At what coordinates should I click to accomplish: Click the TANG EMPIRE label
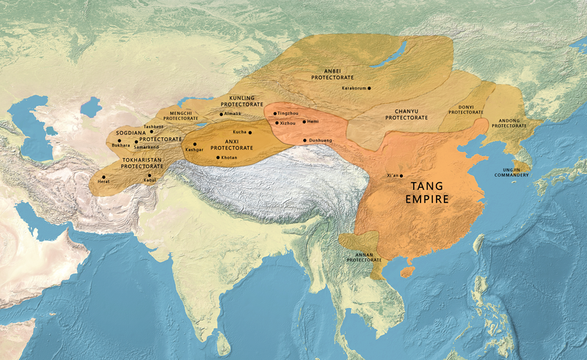pyautogui.click(x=431, y=192)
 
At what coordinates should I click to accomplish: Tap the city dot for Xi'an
pyautogui.click(x=401, y=176)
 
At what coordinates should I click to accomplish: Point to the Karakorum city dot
pyautogui.click(x=369, y=89)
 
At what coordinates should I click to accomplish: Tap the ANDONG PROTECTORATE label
pyautogui.click(x=509, y=122)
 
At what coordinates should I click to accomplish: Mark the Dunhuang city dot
pyautogui.click(x=305, y=140)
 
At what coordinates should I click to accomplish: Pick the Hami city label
pyautogui.click(x=313, y=121)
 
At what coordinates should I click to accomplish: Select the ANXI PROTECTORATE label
pyautogui.click(x=232, y=144)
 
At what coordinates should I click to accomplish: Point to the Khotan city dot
pyautogui.click(x=218, y=158)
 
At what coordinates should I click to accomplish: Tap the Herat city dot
pyautogui.click(x=103, y=177)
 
